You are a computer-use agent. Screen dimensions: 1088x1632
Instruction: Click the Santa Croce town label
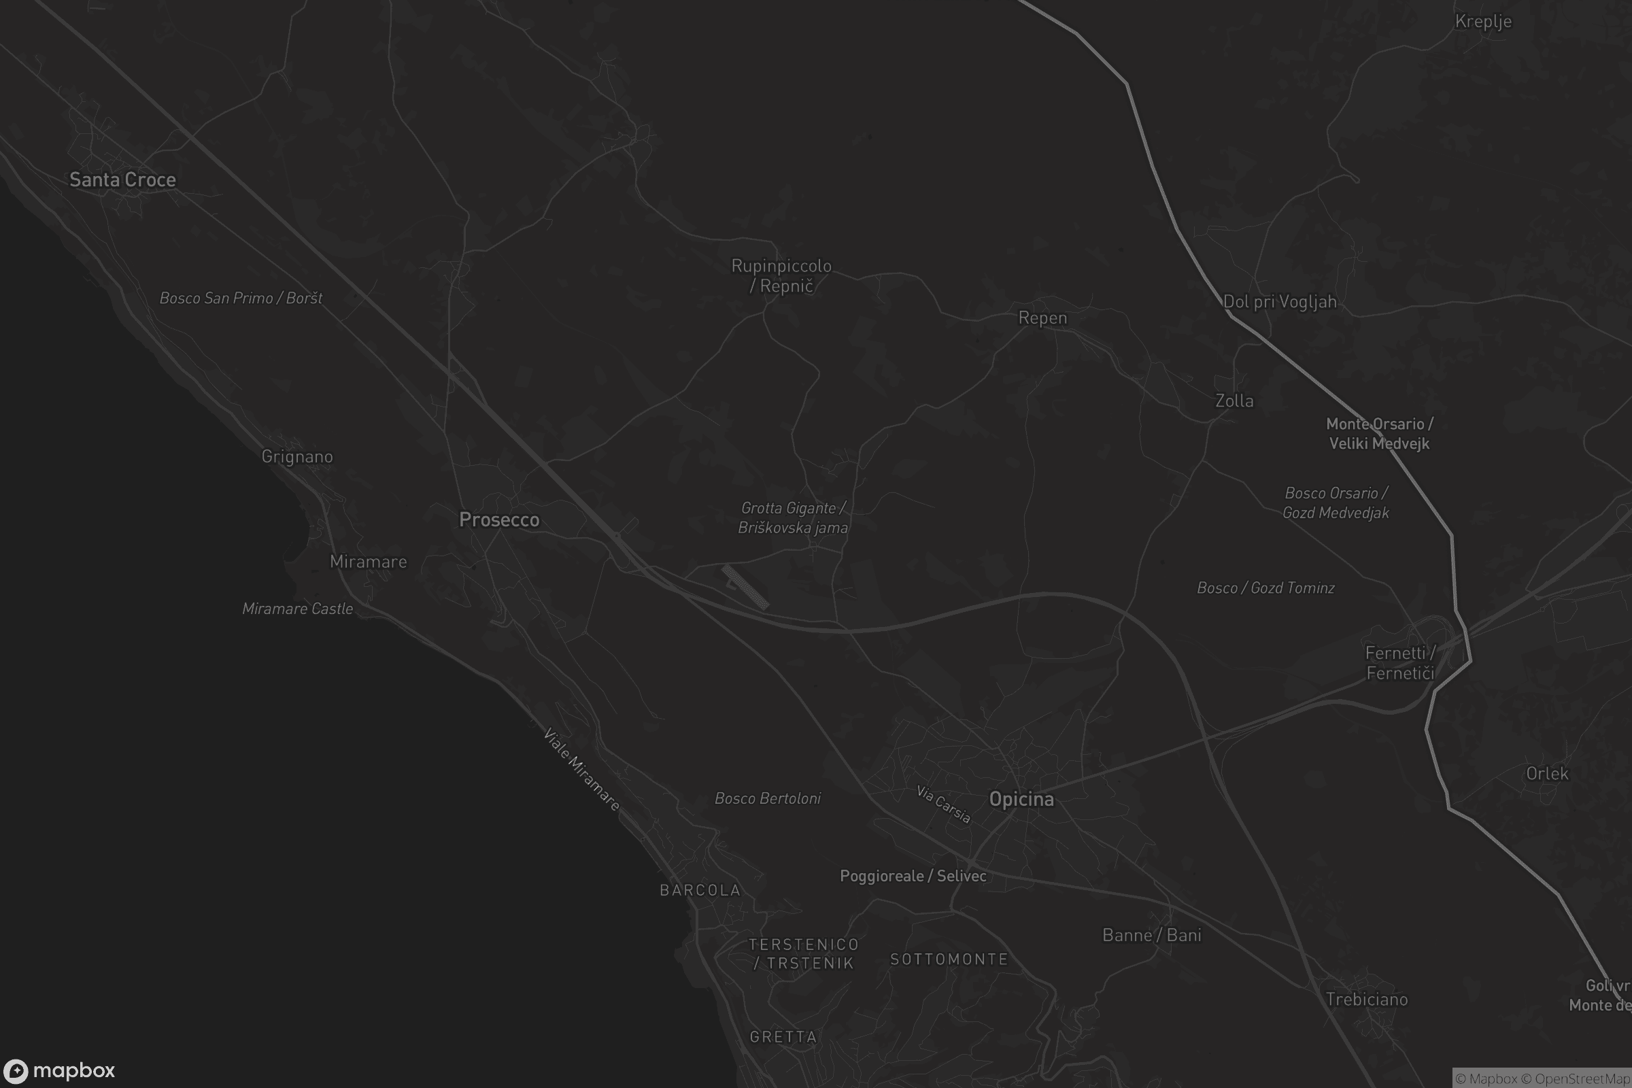[x=123, y=180]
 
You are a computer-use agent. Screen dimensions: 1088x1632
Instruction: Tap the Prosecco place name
[x=499, y=520]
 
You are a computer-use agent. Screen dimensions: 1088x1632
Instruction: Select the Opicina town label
[x=1021, y=800]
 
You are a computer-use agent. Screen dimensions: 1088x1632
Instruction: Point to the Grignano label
[x=297, y=456]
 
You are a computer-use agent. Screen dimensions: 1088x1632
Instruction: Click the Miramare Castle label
[x=298, y=609]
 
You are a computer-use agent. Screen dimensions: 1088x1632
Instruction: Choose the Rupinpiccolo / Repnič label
[x=781, y=275]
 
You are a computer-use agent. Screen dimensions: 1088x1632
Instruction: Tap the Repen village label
[x=1042, y=318]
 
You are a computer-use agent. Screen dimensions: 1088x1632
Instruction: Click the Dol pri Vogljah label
[x=1280, y=302]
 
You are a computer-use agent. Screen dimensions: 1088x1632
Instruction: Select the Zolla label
[x=1234, y=401]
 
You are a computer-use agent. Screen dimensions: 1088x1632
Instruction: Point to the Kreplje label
[x=1483, y=22]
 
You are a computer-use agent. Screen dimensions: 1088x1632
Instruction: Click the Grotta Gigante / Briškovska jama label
[x=793, y=517]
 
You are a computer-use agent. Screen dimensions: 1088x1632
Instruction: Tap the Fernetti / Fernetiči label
[x=1400, y=662]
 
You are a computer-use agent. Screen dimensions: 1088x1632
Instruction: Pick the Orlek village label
[x=1546, y=774]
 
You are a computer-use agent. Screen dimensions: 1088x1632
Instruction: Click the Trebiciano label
[x=1366, y=999]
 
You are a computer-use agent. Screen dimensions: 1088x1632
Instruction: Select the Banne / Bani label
[x=1151, y=936]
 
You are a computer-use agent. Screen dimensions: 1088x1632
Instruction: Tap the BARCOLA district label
[x=700, y=890]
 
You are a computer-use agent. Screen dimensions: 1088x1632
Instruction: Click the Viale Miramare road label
[x=581, y=769]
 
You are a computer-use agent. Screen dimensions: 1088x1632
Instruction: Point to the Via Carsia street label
[x=943, y=804]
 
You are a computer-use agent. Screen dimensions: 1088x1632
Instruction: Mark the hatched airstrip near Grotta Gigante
[x=745, y=587]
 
